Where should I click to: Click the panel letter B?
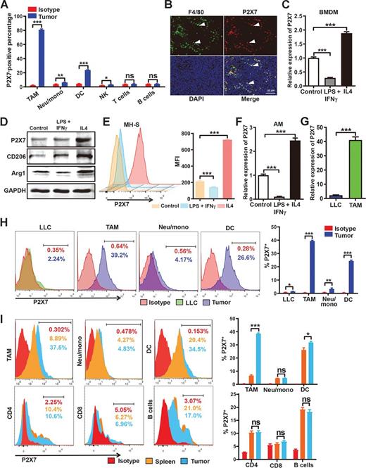146,7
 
